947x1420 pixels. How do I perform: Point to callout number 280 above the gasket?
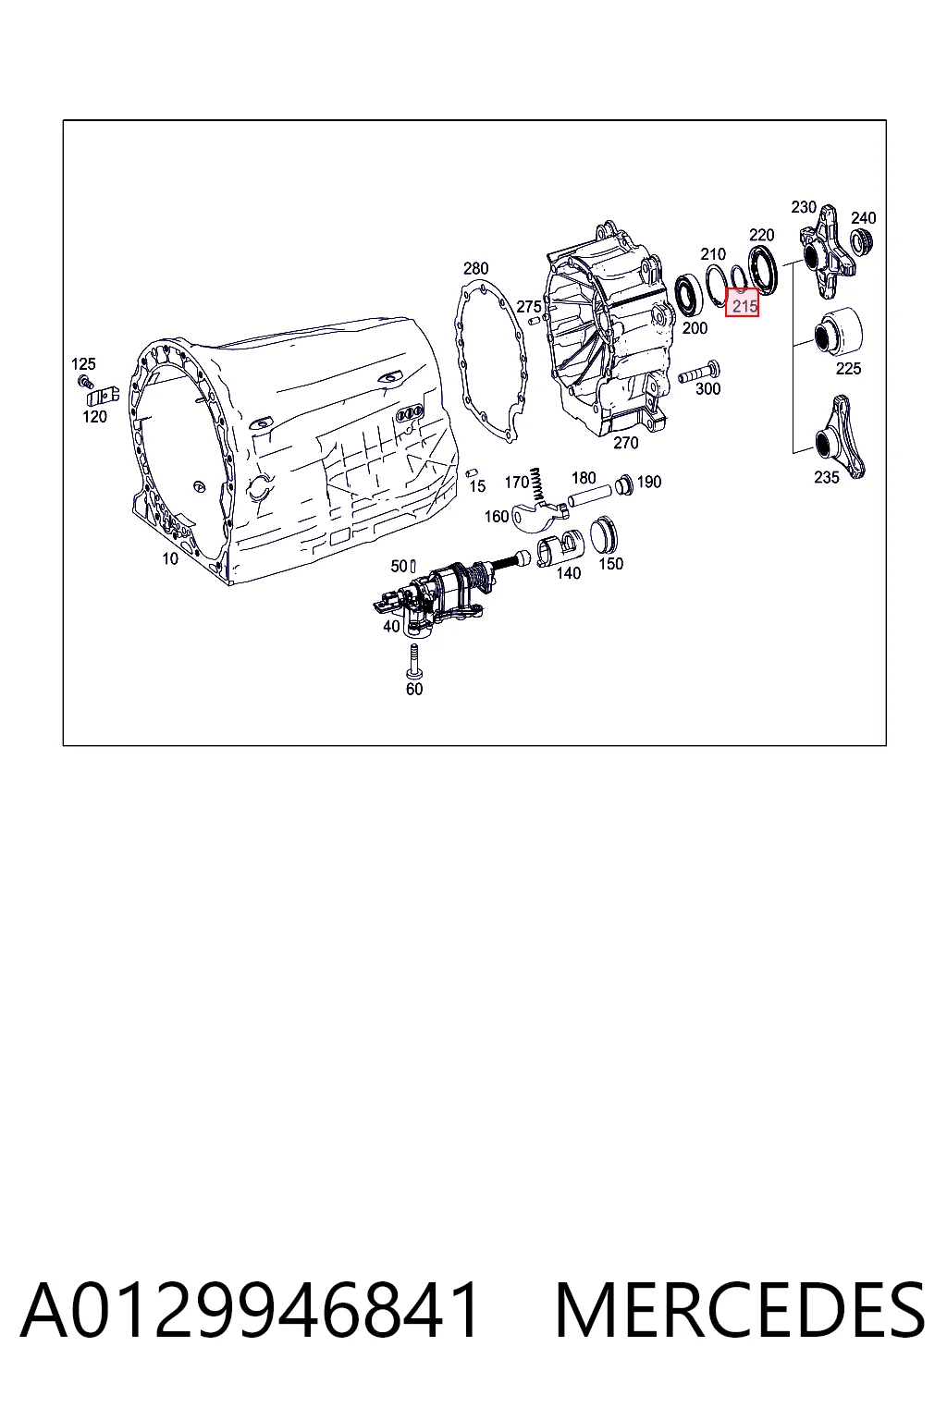pos(475,269)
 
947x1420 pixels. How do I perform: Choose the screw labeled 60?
pos(413,662)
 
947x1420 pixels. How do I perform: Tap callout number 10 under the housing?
pos(170,559)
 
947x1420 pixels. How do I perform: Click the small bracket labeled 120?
pos(102,397)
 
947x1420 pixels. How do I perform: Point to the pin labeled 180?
pos(589,496)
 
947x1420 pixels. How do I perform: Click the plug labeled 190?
pos(624,485)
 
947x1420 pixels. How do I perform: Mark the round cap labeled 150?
pos(604,535)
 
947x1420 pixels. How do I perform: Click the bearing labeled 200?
pos(687,295)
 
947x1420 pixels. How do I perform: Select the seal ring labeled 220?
pos(763,270)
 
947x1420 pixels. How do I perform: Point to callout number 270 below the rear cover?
pos(625,443)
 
